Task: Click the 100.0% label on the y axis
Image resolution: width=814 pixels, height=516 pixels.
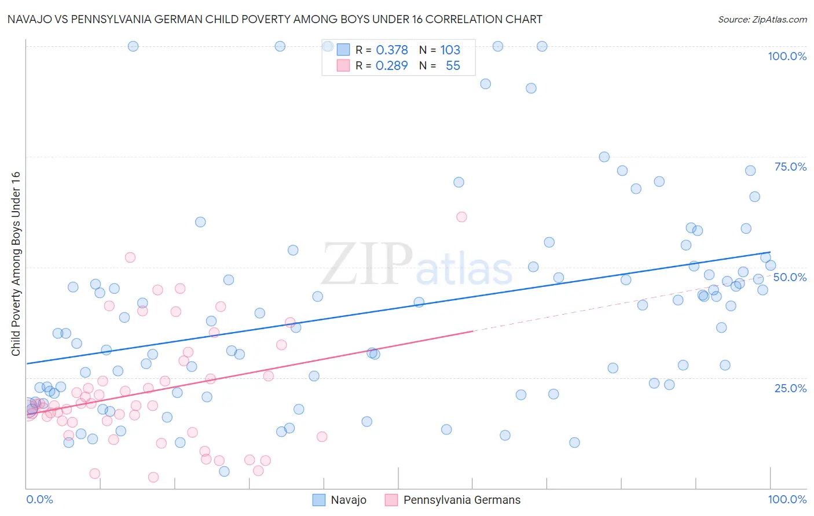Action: click(x=787, y=56)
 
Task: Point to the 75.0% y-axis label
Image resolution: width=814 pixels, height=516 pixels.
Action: click(x=790, y=167)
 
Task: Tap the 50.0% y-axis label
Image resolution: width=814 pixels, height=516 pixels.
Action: click(x=790, y=277)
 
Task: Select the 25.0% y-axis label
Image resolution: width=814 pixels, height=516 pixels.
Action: click(x=790, y=388)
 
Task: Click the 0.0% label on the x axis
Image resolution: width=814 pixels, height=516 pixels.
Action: click(x=39, y=499)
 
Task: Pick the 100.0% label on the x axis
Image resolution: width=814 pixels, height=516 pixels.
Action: click(x=787, y=499)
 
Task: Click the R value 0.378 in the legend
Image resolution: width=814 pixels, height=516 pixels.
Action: click(x=392, y=50)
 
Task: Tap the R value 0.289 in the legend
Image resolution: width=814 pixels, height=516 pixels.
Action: click(x=392, y=66)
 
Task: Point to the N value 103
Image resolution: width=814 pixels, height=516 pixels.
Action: click(x=450, y=50)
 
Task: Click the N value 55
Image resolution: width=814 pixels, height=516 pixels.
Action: click(x=453, y=66)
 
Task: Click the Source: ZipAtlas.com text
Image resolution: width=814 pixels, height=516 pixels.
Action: click(x=762, y=20)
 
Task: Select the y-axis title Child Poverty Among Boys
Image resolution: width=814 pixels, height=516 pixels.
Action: click(x=16, y=264)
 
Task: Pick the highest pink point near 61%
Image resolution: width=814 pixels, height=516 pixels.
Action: click(x=461, y=217)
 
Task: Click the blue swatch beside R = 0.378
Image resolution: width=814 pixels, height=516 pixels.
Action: click(x=343, y=50)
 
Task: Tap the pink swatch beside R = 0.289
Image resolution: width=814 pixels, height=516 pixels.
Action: click(x=343, y=66)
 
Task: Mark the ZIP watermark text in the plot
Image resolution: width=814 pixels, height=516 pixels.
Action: click(x=366, y=264)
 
